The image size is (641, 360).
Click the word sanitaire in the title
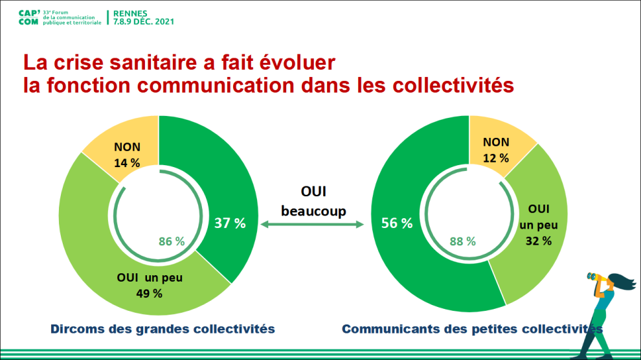[x=141, y=63]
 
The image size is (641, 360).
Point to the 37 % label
[x=231, y=223]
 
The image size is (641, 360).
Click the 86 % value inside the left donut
[x=172, y=242]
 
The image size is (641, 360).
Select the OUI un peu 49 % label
[x=150, y=286]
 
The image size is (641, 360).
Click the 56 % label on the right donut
[x=398, y=223]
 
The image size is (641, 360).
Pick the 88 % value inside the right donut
[x=463, y=242]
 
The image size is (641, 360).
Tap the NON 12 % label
[x=496, y=150]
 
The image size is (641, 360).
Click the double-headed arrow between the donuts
[x=312, y=225]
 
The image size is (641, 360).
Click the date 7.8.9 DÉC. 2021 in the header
[x=143, y=21]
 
